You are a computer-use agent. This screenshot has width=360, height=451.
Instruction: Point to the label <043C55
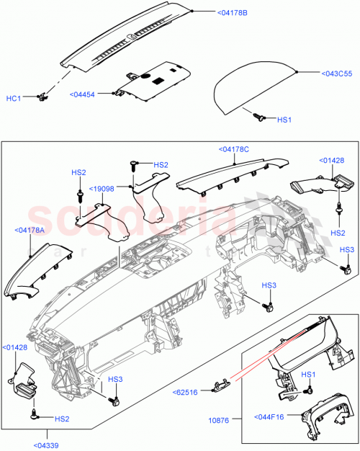click(x=321, y=73)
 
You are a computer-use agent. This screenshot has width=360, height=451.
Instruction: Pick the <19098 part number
click(x=102, y=189)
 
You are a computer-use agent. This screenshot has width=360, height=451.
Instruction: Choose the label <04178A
click(x=29, y=230)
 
